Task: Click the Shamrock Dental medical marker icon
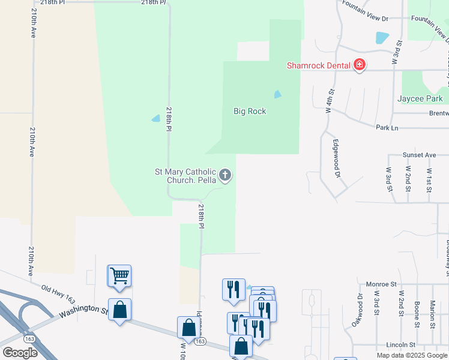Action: [360, 65]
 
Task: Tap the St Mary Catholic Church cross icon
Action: [225, 175]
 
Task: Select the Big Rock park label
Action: [250, 111]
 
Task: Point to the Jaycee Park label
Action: [420, 98]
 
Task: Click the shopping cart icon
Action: [120, 275]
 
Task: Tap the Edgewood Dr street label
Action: [337, 159]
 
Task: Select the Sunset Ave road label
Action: [419, 155]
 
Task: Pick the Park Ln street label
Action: [387, 128]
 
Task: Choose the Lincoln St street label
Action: [401, 345]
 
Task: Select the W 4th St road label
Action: [330, 100]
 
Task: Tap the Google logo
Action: [20, 352]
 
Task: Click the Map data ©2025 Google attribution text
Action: [411, 355]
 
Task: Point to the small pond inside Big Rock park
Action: [277, 94]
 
